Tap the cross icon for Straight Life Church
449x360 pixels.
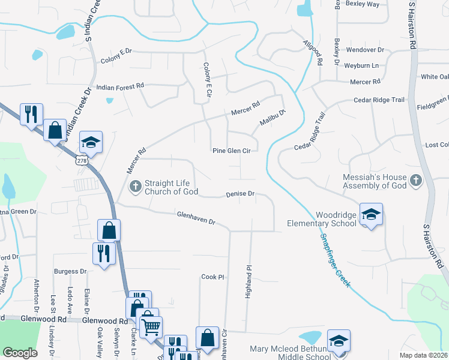click(x=135, y=187)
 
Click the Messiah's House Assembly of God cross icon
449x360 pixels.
click(x=415, y=181)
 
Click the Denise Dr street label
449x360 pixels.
click(x=241, y=194)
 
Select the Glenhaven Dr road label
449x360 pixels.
click(x=196, y=217)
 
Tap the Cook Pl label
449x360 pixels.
click(x=212, y=277)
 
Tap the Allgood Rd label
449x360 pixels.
click(x=313, y=53)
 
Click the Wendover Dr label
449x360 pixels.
click(x=365, y=50)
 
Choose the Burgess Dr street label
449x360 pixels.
click(x=70, y=271)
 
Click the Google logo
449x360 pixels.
click(x=20, y=353)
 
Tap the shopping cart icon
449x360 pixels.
click(x=150, y=327)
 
